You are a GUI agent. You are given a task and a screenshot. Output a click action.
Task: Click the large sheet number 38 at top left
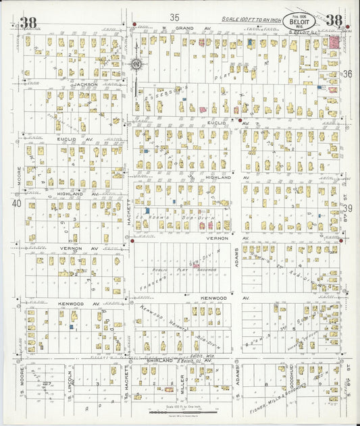(x=28, y=22)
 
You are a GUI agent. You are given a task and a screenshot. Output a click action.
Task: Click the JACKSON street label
(x=86, y=84)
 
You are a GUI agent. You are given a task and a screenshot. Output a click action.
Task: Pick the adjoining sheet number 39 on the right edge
(x=348, y=209)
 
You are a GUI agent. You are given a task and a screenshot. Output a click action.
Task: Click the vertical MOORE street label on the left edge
(x=19, y=177)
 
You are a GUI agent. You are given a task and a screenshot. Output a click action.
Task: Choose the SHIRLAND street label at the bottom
(x=159, y=361)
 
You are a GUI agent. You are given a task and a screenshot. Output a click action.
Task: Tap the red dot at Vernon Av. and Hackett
(x=132, y=240)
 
